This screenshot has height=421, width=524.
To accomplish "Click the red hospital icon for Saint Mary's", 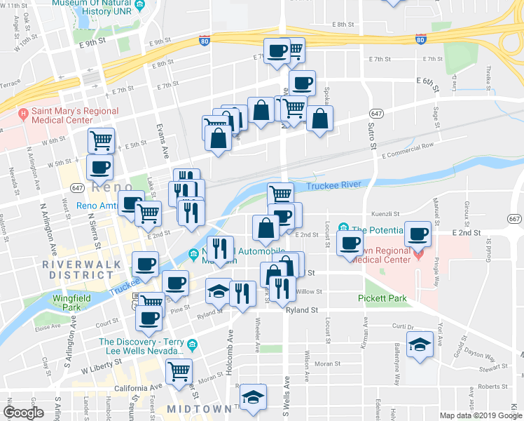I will coord(24,112).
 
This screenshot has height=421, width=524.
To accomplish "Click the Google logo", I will coord(23,412).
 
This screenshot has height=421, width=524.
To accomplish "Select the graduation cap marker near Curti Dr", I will coord(420,345).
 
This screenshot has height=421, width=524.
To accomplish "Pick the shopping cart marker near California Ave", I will coord(179,368).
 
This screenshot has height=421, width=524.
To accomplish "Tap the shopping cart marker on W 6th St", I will coord(102,140).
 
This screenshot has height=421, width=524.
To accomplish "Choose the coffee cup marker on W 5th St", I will coord(99,167).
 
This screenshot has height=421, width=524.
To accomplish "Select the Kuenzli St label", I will coord(385,213).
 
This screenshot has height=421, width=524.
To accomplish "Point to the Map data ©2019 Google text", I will coord(480,415).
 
